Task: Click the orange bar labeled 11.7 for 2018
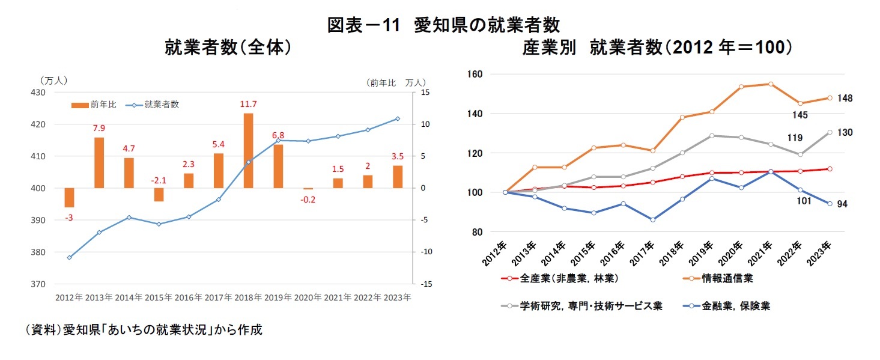tap(248, 150)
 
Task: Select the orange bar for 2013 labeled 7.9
tap(99, 162)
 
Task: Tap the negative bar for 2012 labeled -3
tap(69, 198)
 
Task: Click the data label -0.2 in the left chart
tap(308, 200)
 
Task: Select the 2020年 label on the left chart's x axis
tap(308, 297)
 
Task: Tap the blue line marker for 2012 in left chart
tap(69, 258)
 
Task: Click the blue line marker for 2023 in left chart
tap(397, 118)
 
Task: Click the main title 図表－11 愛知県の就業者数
tap(443, 25)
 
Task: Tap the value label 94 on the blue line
tap(842, 204)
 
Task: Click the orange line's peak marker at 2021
tap(771, 84)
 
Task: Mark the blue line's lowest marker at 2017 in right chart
tap(652, 220)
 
